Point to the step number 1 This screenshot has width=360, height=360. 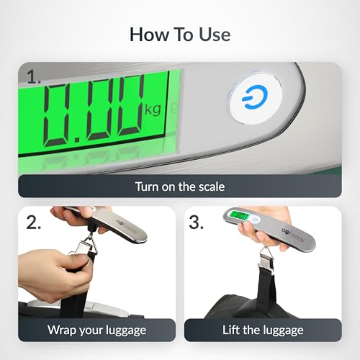pos(32,75)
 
